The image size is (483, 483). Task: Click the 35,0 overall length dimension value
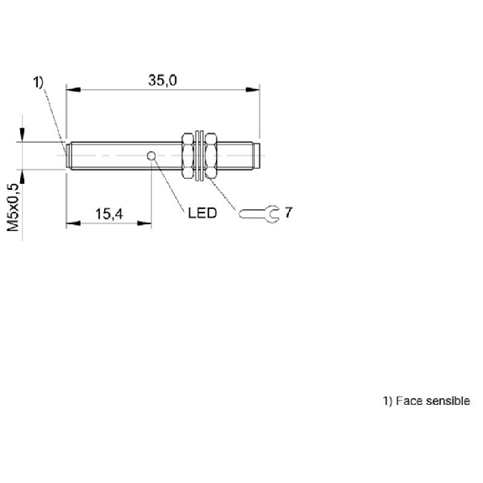[163, 81]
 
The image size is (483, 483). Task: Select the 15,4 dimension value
[109, 214]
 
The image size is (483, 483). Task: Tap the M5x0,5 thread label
[13, 207]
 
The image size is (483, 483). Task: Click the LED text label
[202, 213]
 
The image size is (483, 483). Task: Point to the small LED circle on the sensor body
[151, 156]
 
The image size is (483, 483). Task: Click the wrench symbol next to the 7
[259, 213]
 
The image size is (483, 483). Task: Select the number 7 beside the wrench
[288, 213]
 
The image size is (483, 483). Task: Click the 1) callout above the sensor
[39, 82]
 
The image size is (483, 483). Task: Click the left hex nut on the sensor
[187, 155]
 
